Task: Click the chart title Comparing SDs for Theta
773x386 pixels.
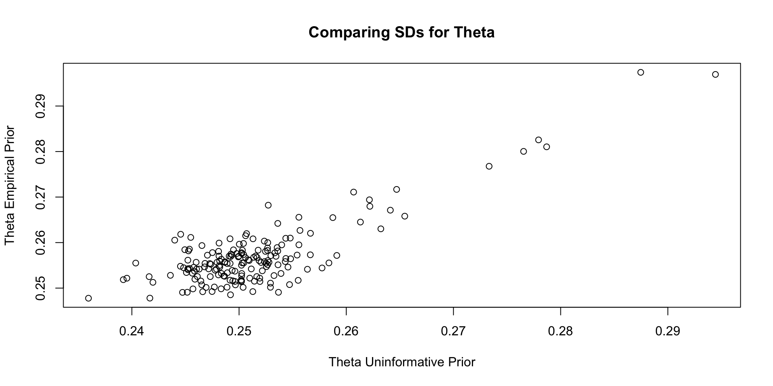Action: [x=401, y=32]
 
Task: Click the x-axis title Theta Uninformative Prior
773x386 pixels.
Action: [x=402, y=362]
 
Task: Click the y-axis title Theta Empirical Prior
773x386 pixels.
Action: [x=10, y=185]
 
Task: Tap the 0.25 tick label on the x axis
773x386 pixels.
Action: [x=239, y=331]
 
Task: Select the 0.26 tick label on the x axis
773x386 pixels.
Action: [x=346, y=331]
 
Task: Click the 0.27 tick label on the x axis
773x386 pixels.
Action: [x=453, y=331]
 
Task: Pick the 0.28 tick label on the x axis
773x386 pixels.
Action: [x=561, y=331]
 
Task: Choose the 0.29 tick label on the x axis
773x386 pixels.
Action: [x=668, y=331]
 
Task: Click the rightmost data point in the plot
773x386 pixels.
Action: [x=715, y=74]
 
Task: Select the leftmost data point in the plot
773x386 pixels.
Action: [x=89, y=298]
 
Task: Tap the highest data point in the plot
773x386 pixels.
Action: [x=641, y=72]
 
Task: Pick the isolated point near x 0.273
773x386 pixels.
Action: [x=489, y=166]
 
